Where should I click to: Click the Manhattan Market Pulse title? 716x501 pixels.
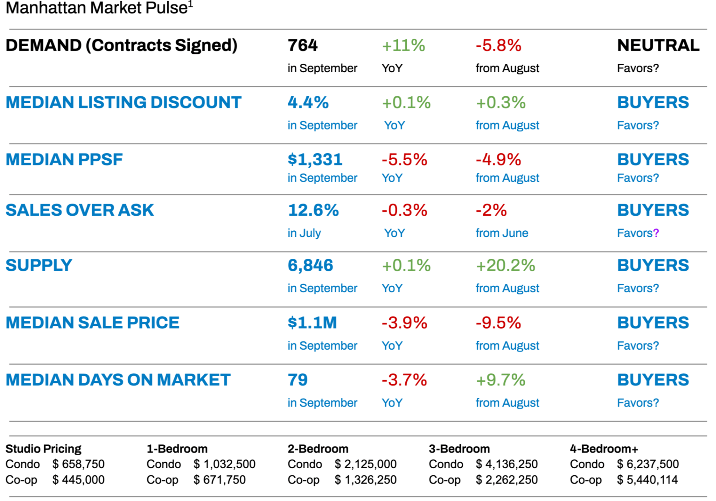tap(99, 8)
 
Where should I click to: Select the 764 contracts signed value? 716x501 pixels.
tap(302, 45)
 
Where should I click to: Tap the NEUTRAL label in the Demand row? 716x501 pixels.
tap(658, 45)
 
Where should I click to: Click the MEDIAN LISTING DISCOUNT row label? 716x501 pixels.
tap(123, 103)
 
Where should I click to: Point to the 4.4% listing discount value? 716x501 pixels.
tap(308, 103)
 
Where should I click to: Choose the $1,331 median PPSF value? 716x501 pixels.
tap(315, 160)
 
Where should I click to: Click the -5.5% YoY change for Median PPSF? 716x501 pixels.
tap(404, 160)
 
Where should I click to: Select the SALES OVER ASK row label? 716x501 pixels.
tap(79, 210)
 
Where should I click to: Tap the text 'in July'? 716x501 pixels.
tap(304, 233)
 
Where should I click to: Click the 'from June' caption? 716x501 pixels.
tap(502, 233)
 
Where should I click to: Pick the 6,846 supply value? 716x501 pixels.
tap(310, 265)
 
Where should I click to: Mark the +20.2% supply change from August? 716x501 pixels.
tap(505, 265)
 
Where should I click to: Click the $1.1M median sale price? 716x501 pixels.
tap(312, 323)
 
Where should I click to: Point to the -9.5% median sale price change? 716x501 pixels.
tap(498, 323)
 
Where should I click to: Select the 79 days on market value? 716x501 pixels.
tap(298, 380)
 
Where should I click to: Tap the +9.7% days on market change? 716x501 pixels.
tap(500, 380)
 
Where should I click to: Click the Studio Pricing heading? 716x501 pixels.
tap(43, 448)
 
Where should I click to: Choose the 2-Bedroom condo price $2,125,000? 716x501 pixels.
tap(365, 464)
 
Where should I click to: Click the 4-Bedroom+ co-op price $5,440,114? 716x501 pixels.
tap(647, 480)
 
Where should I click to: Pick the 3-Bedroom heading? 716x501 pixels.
tap(459, 448)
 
